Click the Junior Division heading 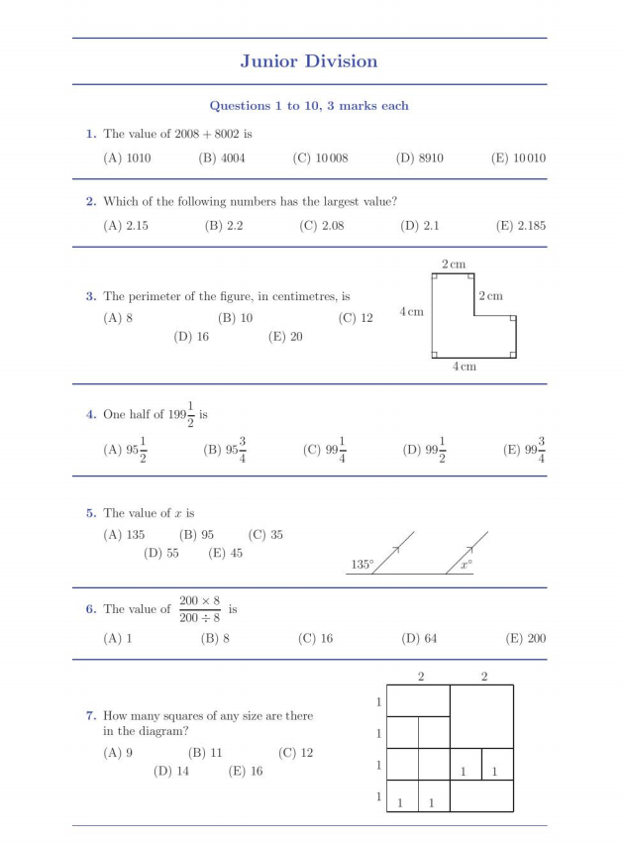308,61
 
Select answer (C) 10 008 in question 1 320,158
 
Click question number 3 91,296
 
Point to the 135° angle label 363,565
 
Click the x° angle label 466,565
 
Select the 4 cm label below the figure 465,367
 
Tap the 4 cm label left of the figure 411,312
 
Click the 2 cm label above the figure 453,264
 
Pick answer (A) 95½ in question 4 125,450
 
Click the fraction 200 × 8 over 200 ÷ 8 199,609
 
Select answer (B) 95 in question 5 196,535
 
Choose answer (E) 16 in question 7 245,772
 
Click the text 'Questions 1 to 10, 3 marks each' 309,106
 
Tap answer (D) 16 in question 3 191,337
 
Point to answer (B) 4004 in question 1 222,158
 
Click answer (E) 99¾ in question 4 524,450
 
